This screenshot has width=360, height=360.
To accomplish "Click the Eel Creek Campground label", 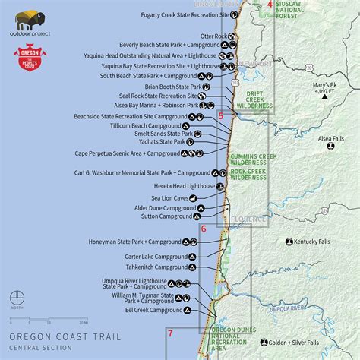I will (155, 310).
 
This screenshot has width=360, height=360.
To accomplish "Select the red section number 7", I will (170, 334).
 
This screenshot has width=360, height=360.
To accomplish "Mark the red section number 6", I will (204, 229).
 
